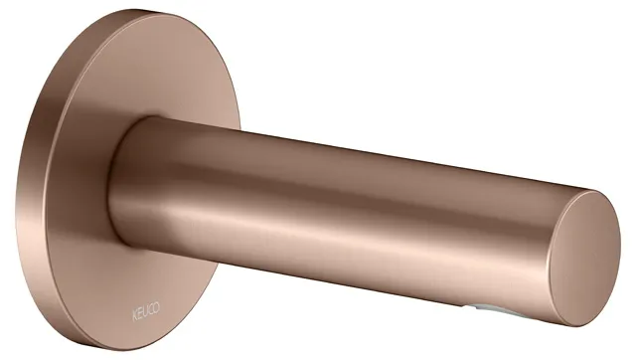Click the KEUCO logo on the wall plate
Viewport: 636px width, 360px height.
tap(145, 311)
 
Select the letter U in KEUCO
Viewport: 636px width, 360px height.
tap(145, 311)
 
